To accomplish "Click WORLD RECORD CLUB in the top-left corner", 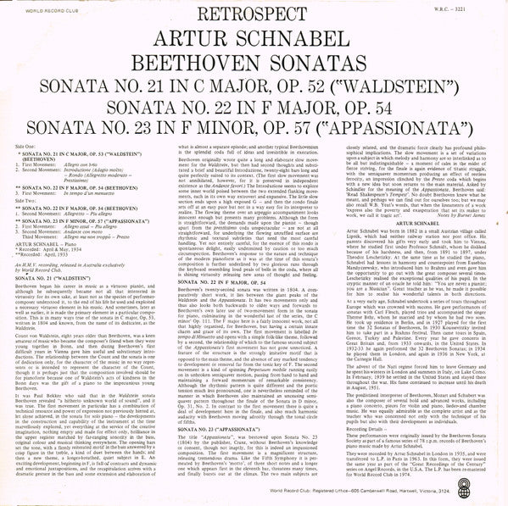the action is [x=34, y=10].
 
